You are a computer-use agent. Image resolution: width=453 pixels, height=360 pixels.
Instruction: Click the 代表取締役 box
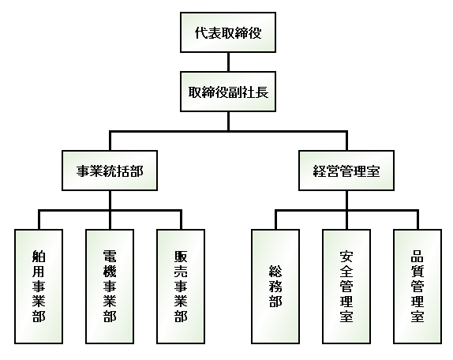pyautogui.click(x=228, y=32)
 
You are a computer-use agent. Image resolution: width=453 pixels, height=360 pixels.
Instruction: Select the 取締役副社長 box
pyautogui.click(x=228, y=92)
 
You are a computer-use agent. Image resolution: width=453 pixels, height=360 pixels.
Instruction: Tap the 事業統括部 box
pyautogui.click(x=110, y=171)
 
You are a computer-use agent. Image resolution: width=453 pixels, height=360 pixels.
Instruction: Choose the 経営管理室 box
pyautogui.click(x=346, y=171)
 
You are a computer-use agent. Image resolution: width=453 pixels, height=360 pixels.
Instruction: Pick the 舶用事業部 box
pyautogui.click(x=39, y=287)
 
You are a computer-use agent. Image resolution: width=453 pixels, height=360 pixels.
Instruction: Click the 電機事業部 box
pyautogui.click(x=110, y=287)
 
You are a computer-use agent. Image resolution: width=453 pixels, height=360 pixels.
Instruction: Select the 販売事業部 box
pyautogui.click(x=181, y=287)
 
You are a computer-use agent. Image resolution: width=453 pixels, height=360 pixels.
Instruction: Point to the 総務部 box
pyautogui.click(x=275, y=287)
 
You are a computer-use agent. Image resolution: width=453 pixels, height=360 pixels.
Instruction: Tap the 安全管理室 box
pyautogui.click(x=346, y=287)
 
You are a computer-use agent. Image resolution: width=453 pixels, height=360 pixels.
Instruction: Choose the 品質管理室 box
pyautogui.click(x=417, y=287)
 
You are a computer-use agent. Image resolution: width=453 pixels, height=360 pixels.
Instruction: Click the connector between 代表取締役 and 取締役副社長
pyautogui.click(x=228, y=62)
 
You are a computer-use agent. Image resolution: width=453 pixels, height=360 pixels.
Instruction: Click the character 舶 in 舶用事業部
pyautogui.click(x=39, y=257)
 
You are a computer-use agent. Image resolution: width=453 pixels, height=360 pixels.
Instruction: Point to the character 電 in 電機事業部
pyautogui.click(x=110, y=257)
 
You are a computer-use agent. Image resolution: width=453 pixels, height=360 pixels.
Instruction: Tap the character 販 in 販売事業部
pyautogui.click(x=181, y=257)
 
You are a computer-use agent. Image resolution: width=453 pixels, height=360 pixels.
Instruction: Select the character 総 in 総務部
pyautogui.click(x=275, y=272)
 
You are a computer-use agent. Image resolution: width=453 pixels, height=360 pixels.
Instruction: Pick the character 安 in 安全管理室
pyautogui.click(x=346, y=257)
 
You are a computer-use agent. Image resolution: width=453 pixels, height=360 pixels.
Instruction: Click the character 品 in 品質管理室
pyautogui.click(x=417, y=257)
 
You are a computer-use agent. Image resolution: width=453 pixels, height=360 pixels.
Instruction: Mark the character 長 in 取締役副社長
pyautogui.click(x=262, y=92)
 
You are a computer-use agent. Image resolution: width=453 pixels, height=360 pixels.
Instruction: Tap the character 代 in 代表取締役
pyautogui.click(x=201, y=32)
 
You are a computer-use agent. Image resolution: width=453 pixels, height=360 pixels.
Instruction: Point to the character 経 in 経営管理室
pyautogui.click(x=320, y=171)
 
